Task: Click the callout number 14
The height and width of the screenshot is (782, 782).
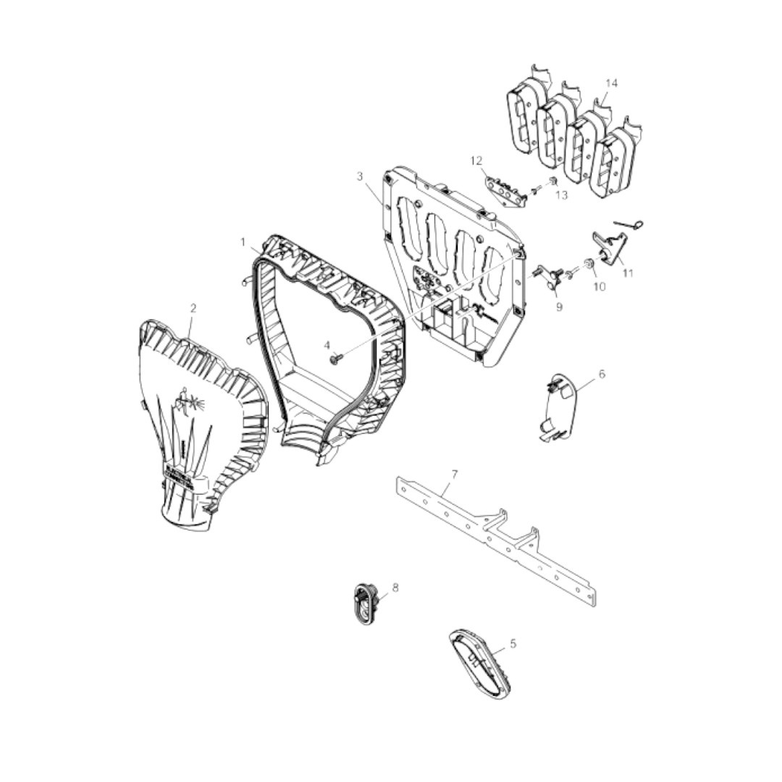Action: coord(611,83)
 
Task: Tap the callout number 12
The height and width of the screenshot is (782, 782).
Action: coord(476,161)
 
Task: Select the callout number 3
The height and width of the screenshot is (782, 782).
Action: coord(360,176)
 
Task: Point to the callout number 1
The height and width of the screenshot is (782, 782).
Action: coord(243,243)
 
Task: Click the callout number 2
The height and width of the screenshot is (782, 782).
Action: coord(193,308)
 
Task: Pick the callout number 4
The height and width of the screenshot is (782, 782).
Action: coord(327,345)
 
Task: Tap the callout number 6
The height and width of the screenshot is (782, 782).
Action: coord(602,374)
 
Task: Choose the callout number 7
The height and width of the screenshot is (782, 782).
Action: coord(454,474)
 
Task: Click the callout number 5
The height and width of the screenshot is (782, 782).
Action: coord(513,644)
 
